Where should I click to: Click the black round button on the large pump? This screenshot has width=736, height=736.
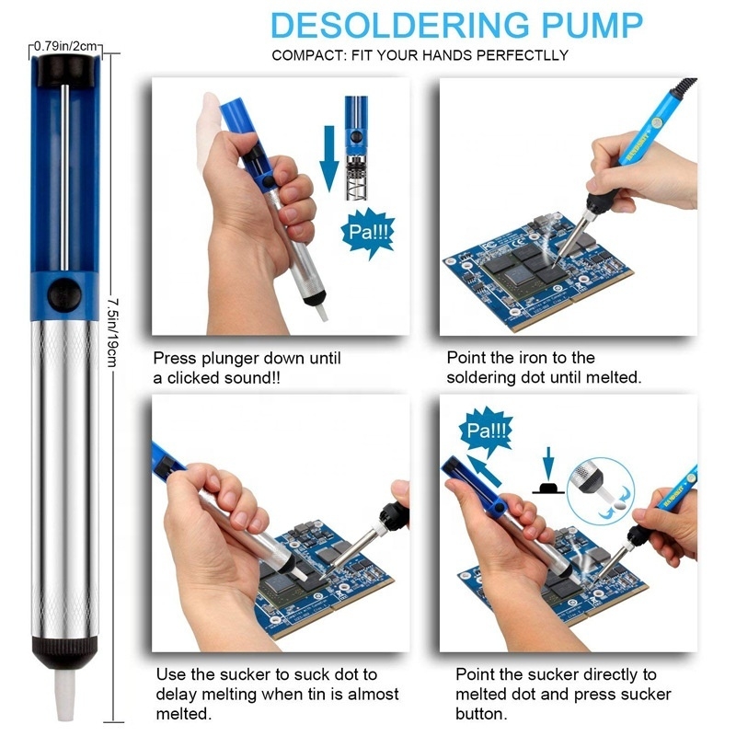tap(63, 293)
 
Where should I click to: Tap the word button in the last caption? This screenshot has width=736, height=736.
tap(482, 714)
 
